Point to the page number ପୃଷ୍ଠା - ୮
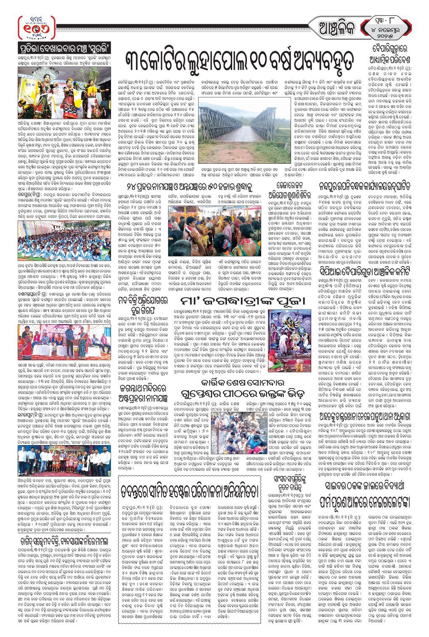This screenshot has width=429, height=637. click(x=385, y=19)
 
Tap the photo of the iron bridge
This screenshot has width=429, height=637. click(x=232, y=128)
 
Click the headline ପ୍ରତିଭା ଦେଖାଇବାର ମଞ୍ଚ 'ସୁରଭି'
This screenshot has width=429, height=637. click(x=65, y=46)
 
